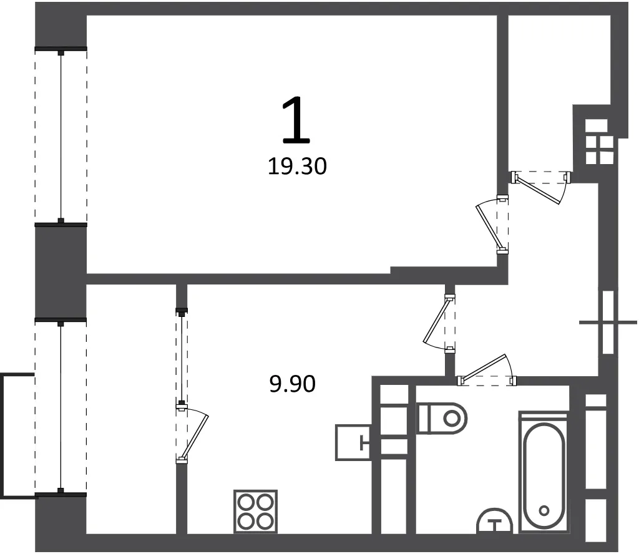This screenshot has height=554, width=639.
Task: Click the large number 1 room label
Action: coord(296,120)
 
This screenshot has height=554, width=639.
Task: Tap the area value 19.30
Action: coord(297,167)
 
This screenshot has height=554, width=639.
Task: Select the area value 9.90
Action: coord(293,384)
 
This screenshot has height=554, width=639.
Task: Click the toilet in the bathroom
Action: coord(442,419)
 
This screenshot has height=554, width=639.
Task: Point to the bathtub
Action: coord(544,472)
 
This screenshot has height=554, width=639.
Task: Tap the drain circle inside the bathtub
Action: coord(544,510)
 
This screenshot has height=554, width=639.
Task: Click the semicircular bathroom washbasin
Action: coord(495,521)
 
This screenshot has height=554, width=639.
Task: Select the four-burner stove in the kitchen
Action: coord(255,512)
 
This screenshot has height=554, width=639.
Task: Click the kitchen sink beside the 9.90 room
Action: coord(353,442)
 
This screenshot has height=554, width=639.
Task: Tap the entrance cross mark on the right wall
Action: coord(608,322)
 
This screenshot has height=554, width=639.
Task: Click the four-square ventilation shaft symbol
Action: coord(600,142)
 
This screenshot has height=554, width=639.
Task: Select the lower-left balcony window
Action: coord(61,408)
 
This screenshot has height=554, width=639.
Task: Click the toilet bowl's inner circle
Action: coord(452,419)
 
